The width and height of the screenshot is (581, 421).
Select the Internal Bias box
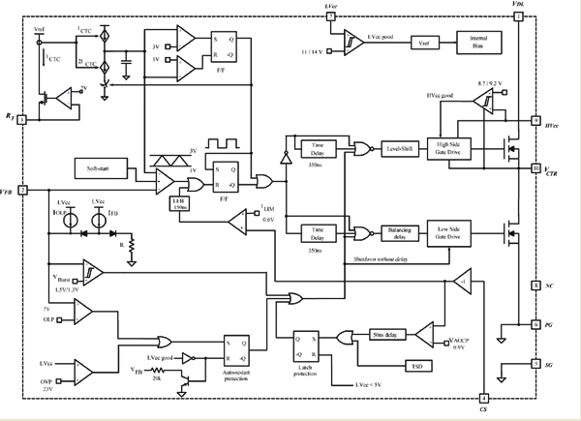pyautogui.click(x=476, y=44)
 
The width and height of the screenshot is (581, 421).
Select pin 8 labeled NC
pyautogui.click(x=535, y=286)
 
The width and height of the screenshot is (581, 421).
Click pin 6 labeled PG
pyautogui.click(x=535, y=325)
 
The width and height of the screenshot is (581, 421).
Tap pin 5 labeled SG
pyautogui.click(x=535, y=364)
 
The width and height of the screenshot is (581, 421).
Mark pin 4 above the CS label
pyautogui.click(x=483, y=399)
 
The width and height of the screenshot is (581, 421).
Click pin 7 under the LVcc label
pyautogui.click(x=331, y=16)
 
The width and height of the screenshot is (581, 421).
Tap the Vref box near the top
pyautogui.click(x=424, y=44)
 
